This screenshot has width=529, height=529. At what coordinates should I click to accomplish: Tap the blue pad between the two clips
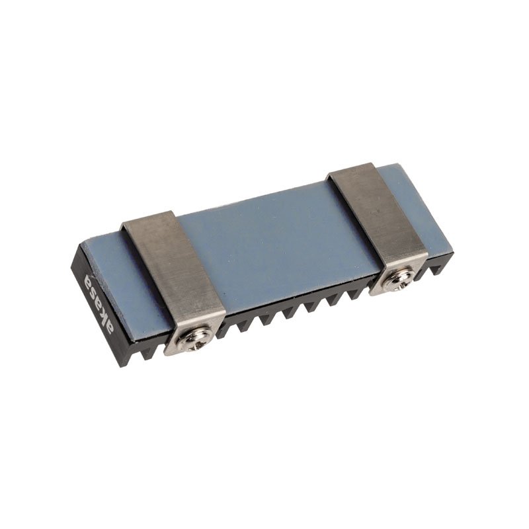click(278, 238)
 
